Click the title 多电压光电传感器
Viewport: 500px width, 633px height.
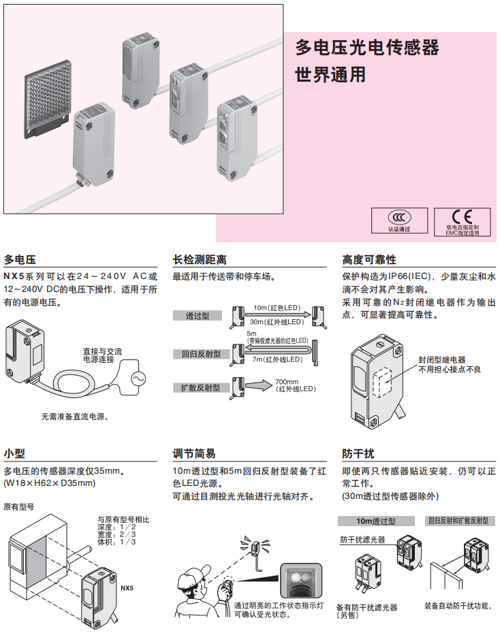click(367, 48)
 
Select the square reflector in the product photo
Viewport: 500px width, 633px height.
click(46, 101)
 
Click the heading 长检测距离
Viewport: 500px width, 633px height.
click(200, 260)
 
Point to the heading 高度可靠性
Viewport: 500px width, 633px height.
click(369, 260)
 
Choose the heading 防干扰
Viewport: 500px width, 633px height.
click(358, 454)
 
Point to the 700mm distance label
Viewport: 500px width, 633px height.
click(287, 381)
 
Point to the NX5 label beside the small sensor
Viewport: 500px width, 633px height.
click(127, 587)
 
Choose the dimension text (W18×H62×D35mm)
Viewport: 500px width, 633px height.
click(49, 483)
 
